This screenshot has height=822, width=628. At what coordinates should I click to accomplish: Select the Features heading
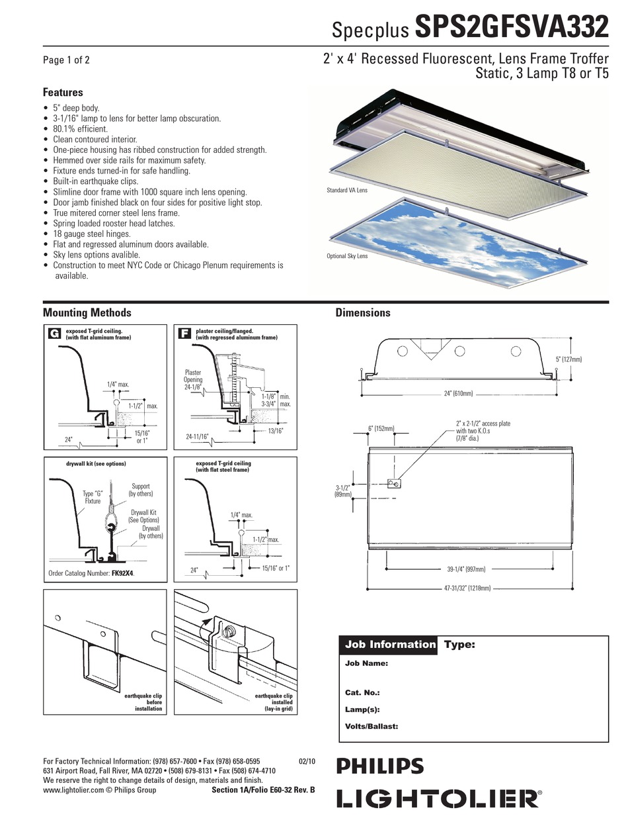click(x=63, y=93)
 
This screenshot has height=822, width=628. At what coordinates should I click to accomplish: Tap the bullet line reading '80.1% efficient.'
click(x=80, y=129)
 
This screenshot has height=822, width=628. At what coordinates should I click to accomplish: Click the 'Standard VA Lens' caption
click(x=347, y=190)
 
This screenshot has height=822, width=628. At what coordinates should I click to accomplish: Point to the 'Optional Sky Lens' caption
click(x=347, y=256)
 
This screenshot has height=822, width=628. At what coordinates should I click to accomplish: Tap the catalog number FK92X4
click(x=122, y=573)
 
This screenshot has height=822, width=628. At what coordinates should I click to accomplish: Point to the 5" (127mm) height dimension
click(x=569, y=359)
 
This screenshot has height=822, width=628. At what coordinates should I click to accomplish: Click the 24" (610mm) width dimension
click(x=458, y=394)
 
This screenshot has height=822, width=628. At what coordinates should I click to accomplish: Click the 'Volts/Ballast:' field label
click(x=372, y=726)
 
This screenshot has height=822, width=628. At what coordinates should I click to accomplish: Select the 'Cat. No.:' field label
click(x=362, y=692)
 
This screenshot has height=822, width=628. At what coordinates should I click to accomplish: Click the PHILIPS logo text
click(x=380, y=766)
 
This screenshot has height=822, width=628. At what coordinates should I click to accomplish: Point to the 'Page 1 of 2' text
click(x=66, y=60)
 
